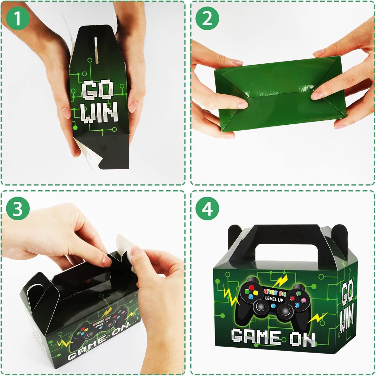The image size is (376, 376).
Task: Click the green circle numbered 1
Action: click(x=18, y=18)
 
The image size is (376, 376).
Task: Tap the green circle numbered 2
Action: click(x=207, y=18)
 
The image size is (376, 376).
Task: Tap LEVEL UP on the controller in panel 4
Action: click(x=274, y=299)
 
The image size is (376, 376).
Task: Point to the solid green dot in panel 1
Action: click(x=75, y=128)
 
